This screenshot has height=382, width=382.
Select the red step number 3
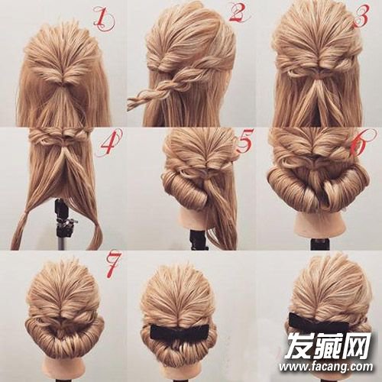(361, 16)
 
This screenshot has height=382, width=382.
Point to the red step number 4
(109, 144)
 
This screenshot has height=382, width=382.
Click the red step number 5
(245, 141)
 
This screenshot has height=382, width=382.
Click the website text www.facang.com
(325, 367)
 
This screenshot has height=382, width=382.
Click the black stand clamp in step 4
(64, 219)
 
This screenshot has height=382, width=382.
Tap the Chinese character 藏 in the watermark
(326, 345)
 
